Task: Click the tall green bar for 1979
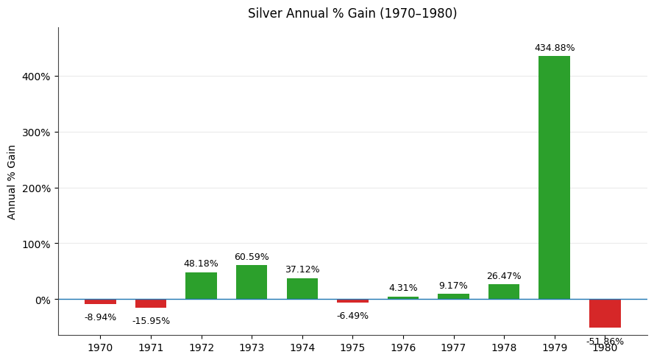[554, 177]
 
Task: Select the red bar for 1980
[605, 314]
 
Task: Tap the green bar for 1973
[252, 282]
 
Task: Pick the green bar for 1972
[201, 286]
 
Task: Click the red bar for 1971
[151, 303]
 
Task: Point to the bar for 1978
[504, 292]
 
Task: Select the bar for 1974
[302, 289]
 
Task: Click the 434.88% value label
[555, 48]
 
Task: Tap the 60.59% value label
[252, 257]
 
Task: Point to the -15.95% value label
[151, 321]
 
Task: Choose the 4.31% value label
[403, 288]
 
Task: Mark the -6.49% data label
[352, 316]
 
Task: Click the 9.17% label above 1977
[453, 286]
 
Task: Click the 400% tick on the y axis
[36, 77]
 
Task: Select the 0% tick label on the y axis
[42, 300]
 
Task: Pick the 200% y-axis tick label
[36, 188]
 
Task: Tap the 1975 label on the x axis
[352, 347]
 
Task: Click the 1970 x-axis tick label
[100, 347]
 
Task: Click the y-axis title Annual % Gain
[12, 182]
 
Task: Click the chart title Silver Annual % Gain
[352, 13]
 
